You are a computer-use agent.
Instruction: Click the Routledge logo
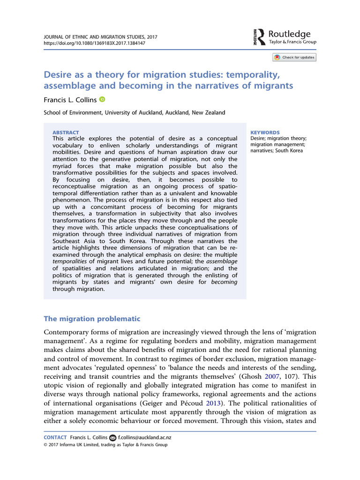point(285,37)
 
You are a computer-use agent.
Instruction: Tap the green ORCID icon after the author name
point(103,99)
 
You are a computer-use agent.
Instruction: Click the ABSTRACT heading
point(66,133)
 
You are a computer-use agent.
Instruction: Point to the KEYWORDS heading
point(265,133)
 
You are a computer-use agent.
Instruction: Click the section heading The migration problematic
point(92,319)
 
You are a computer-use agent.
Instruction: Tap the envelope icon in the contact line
point(112,437)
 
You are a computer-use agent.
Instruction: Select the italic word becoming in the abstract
point(225,282)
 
